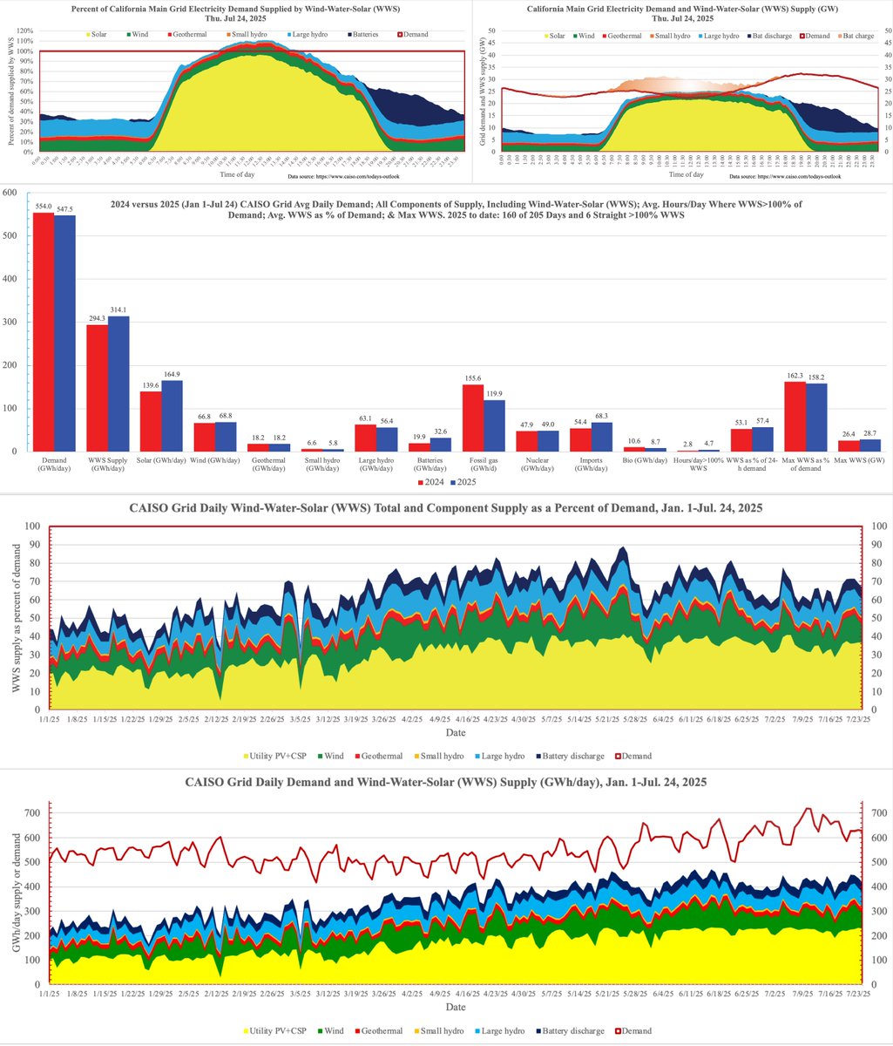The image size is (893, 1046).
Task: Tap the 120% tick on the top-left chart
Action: (x=23, y=31)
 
